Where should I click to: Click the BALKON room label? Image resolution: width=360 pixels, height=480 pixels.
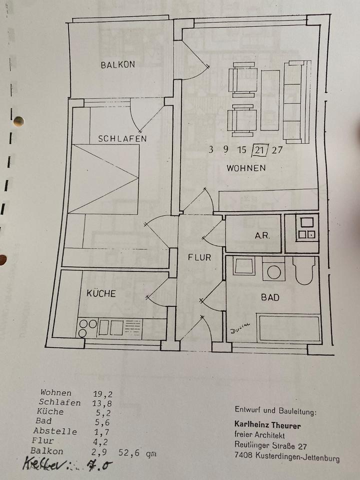coord(118,64)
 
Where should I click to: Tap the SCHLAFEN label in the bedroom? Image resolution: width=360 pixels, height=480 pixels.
coord(122,138)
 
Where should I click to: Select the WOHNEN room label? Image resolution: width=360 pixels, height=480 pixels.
coord(246,168)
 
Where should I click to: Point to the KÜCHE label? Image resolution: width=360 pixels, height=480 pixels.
coord(101,293)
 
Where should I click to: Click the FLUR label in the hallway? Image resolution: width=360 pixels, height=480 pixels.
coord(199,258)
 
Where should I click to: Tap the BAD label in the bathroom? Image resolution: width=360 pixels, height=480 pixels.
coord(270,297)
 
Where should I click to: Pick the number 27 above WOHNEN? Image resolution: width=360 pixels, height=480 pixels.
coord(277,149)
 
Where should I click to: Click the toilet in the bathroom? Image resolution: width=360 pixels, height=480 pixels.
coord(303,270)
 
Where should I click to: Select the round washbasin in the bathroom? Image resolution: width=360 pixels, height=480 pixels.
coord(273,271)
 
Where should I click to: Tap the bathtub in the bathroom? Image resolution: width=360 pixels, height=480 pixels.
coord(289,328)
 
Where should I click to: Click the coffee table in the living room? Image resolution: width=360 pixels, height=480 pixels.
coord(270,100)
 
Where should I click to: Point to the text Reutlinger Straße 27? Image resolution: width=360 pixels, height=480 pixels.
coord(270,445)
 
